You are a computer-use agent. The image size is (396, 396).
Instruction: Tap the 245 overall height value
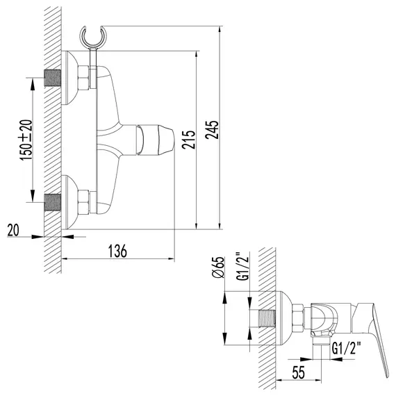(211, 129)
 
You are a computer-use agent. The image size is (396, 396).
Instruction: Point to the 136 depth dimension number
(118, 251)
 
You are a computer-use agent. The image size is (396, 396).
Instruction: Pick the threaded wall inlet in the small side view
(265, 320)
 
